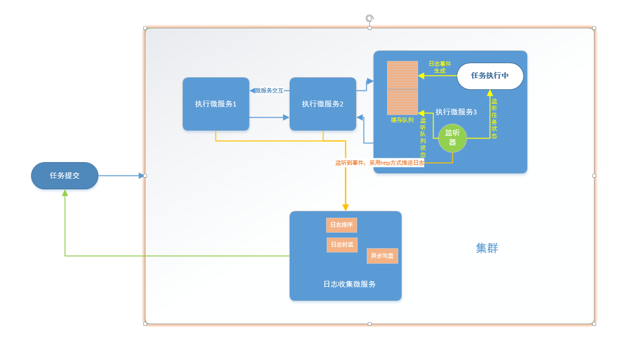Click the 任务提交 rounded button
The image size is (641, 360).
(65, 175)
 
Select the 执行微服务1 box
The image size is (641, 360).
(215, 104)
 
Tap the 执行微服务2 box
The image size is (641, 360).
(322, 104)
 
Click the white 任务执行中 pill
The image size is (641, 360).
(490, 76)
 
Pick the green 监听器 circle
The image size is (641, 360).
(452, 137)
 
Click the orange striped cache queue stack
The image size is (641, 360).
(402, 88)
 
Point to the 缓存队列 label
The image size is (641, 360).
(402, 120)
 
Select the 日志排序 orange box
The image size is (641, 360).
(341, 225)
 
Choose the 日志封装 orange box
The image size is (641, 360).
(342, 245)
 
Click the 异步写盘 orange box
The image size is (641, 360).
(382, 256)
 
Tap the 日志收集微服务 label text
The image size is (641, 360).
(349, 284)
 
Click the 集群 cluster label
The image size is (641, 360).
(486, 248)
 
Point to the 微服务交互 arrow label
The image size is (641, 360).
(269, 91)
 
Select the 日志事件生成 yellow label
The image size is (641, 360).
(439, 67)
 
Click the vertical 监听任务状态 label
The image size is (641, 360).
(494, 118)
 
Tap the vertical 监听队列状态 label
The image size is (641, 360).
(423, 137)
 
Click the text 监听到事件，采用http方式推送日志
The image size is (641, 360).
(379, 163)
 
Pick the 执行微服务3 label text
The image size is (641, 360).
(455, 112)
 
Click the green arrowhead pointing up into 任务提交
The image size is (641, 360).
(65, 193)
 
